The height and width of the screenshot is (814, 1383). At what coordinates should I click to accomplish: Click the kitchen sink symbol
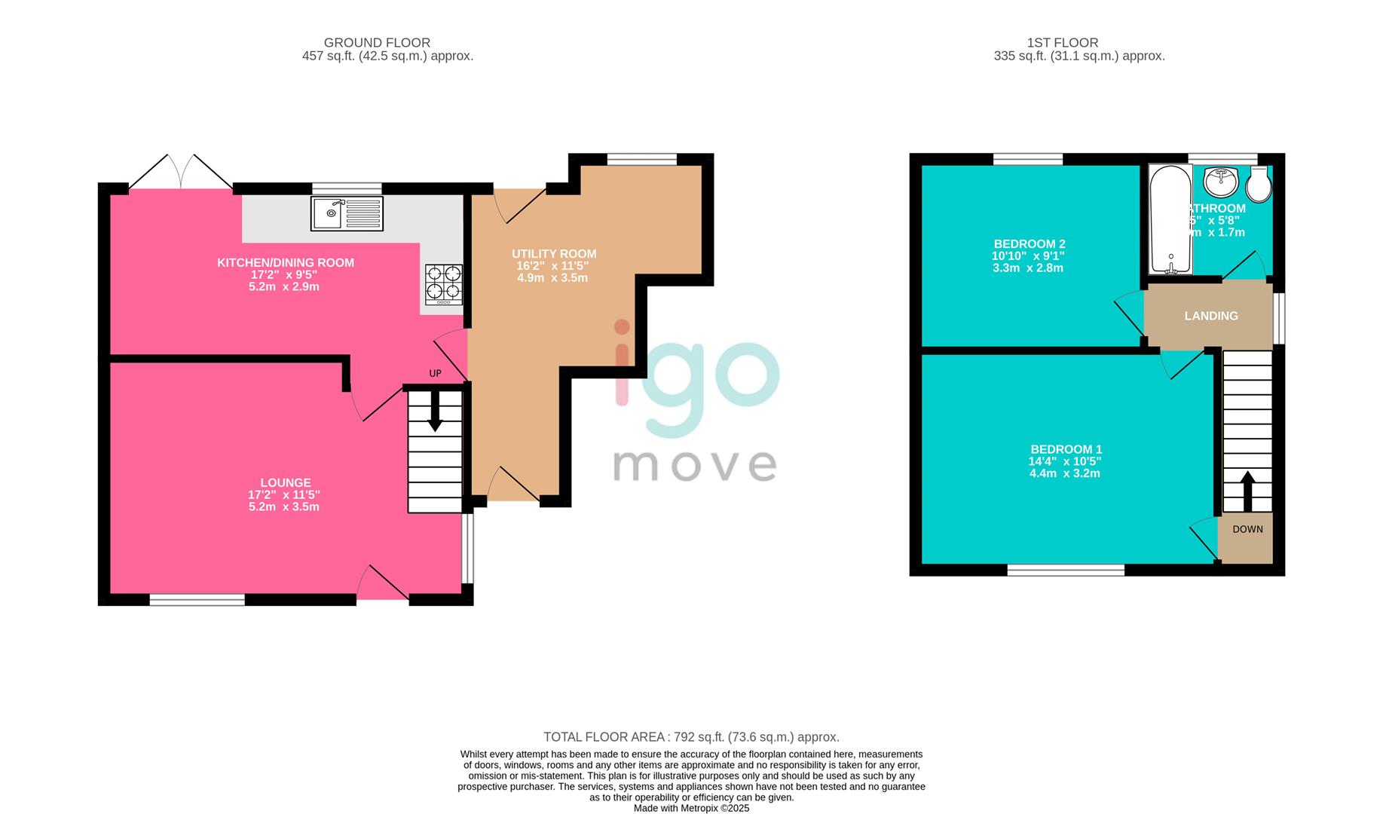347,213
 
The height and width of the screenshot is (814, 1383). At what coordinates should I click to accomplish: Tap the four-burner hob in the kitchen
444,284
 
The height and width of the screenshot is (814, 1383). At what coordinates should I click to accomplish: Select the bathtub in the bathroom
1170,220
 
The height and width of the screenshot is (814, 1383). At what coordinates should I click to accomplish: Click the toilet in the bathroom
1259,185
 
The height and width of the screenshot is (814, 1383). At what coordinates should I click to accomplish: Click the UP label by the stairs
435,373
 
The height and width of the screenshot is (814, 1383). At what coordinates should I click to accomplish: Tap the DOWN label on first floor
1247,529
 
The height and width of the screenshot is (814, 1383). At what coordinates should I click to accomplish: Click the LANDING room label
1210,316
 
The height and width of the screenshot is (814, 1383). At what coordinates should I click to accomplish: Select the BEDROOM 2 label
1029,244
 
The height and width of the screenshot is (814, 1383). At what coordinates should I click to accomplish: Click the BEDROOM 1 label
1066,449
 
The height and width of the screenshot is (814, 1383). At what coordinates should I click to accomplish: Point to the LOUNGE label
285,482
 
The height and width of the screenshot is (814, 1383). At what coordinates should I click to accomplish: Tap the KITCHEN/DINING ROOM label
285,262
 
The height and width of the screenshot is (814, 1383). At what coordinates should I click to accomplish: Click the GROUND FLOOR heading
377,43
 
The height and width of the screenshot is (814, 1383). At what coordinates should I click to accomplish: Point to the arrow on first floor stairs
1247,490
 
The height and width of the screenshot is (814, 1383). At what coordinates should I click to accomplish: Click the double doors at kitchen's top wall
180,173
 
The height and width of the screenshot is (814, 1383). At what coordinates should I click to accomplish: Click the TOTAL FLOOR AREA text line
691,737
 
